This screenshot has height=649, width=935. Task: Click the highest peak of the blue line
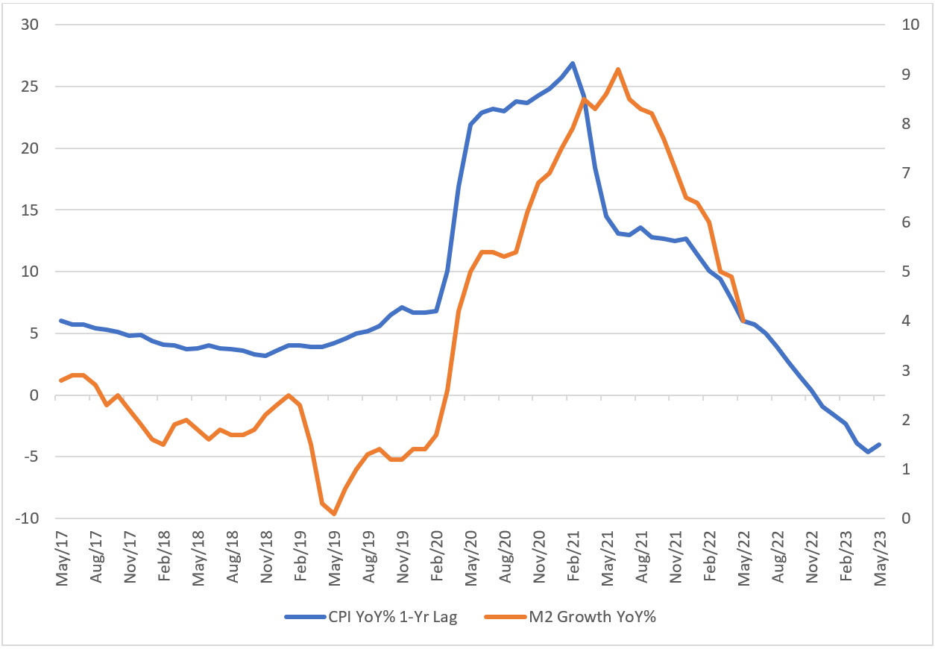click(572, 63)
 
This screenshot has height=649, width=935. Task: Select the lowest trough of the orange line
click(334, 514)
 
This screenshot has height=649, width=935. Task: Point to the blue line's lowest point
click(868, 452)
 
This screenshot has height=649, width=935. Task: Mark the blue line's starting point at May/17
click(61, 321)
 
